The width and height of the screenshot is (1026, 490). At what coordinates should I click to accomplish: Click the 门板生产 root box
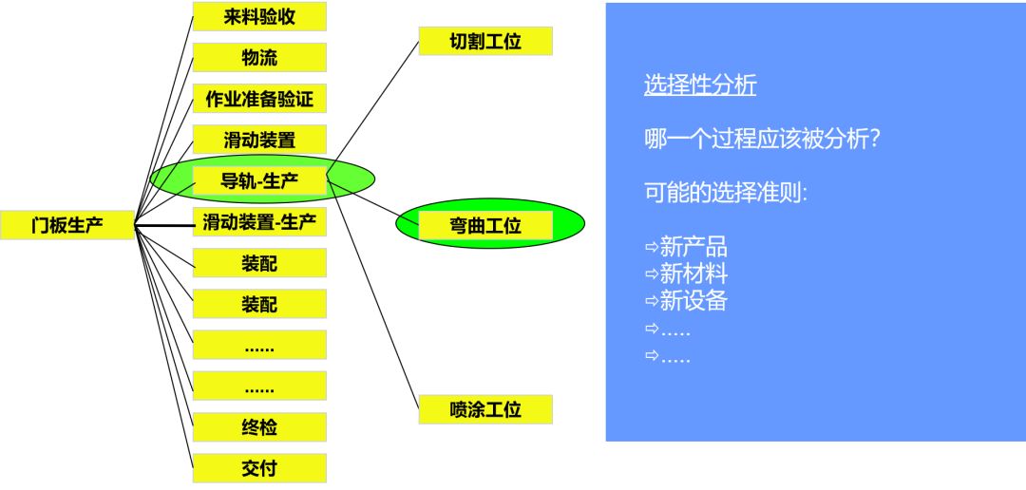(67, 225)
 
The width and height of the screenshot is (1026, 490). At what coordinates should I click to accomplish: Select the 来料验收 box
(259, 16)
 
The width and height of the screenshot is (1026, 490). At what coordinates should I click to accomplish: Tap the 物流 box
(259, 57)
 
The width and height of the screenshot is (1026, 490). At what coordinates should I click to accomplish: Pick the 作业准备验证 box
(259, 98)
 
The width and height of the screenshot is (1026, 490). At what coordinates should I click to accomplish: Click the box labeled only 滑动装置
(259, 140)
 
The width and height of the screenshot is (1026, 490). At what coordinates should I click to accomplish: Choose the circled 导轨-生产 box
(259, 180)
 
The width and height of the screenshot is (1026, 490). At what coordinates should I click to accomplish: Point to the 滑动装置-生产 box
(259, 222)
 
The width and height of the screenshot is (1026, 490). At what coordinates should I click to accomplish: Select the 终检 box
(259, 426)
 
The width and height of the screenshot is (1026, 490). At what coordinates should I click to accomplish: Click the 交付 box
(259, 468)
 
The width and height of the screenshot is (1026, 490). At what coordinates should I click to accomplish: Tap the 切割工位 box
(485, 42)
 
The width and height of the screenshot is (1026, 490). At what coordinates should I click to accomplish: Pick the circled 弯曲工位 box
(485, 225)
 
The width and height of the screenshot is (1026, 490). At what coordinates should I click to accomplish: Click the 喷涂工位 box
(485, 409)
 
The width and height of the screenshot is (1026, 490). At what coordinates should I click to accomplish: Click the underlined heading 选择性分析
(700, 85)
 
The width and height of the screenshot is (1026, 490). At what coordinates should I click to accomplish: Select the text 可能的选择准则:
(726, 193)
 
